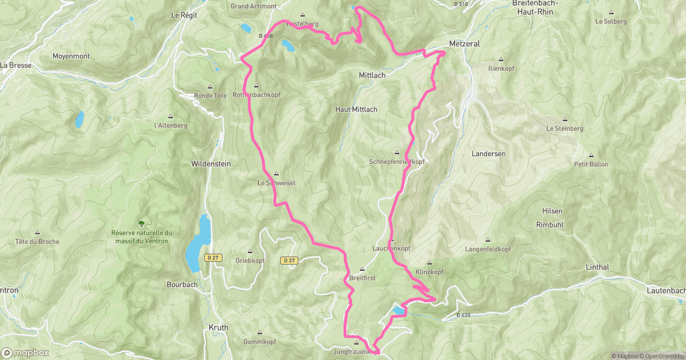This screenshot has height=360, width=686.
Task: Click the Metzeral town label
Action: [x=464, y=43]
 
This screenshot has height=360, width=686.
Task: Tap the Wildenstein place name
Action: [x=210, y=163]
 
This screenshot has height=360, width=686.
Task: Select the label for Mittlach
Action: [x=372, y=75]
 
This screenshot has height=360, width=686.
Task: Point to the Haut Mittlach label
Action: [x=356, y=109]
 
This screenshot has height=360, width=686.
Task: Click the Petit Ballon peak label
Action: [x=591, y=164]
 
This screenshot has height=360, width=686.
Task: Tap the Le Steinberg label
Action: [x=565, y=129]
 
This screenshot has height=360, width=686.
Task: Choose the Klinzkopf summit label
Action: [x=430, y=271]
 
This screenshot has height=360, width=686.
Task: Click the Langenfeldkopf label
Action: [x=488, y=249]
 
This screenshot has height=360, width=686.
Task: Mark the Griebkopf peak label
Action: [x=250, y=260]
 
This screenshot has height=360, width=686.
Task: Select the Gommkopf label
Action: [x=260, y=341]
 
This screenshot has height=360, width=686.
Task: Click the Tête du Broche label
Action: [x=37, y=242]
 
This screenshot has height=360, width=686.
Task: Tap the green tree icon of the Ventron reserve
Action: [x=141, y=223]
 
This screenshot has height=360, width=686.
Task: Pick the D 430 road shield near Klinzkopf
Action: [x=463, y=315]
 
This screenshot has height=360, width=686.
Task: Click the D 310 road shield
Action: [x=460, y=4]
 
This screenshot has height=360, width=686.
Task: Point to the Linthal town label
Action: [x=597, y=267]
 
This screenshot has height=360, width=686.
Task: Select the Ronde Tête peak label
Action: [x=210, y=95]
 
